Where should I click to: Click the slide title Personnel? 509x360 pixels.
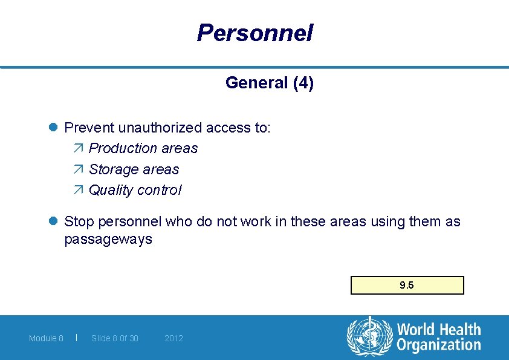coord(254,33)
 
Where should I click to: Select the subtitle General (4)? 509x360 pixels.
coord(269,83)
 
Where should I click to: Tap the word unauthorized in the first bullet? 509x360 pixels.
coord(160,128)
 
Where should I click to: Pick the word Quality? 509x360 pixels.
coord(111,190)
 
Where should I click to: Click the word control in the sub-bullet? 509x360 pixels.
coord(159,190)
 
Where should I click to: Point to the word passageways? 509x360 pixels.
coord(108,240)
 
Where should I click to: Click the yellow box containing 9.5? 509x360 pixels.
coord(407,285)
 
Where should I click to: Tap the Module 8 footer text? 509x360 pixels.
coord(46,338)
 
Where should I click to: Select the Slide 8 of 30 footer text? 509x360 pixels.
coord(114,338)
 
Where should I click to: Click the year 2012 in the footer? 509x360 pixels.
coord(173,338)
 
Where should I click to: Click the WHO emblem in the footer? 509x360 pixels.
coord(369,337)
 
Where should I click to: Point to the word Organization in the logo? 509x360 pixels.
coord(438,346)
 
